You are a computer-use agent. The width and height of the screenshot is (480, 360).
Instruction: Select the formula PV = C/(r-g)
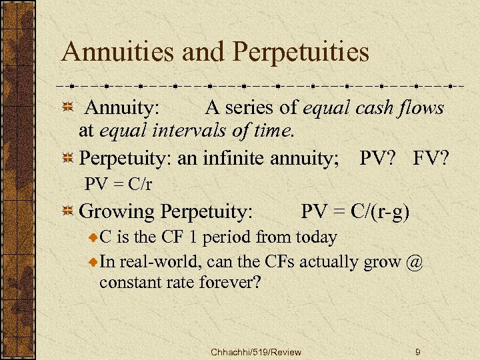(x=355, y=212)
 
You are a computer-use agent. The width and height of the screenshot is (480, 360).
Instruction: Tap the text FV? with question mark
(x=431, y=159)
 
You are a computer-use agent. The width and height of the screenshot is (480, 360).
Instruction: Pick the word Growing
(x=117, y=213)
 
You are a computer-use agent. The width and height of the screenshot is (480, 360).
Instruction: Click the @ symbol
(x=413, y=261)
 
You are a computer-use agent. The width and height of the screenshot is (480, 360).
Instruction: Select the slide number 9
(x=417, y=351)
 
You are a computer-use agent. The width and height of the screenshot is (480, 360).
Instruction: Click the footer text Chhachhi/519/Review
(x=255, y=351)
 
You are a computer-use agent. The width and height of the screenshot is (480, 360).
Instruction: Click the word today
(x=313, y=236)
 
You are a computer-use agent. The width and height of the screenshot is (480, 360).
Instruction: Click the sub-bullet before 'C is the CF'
(x=94, y=237)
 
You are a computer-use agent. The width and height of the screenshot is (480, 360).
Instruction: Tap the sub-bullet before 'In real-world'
(x=94, y=262)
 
